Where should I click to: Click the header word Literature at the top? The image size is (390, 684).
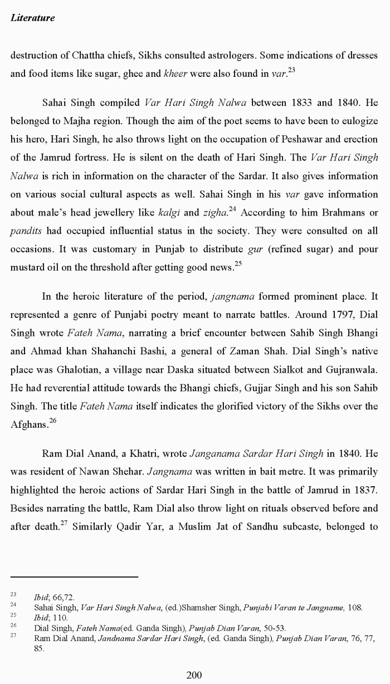pos(33,18)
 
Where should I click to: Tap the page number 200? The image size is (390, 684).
pos(194,675)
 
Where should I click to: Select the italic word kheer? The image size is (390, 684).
pos(175,74)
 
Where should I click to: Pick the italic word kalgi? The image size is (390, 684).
pos(169,213)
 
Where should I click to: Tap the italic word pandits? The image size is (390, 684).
pos(26,231)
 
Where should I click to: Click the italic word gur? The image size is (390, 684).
pos(255,249)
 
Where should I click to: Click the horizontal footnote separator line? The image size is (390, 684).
pos(74,577)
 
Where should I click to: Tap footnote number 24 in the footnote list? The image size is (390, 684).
pos(13,604)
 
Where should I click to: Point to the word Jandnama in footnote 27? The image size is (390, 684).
pos(116,638)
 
